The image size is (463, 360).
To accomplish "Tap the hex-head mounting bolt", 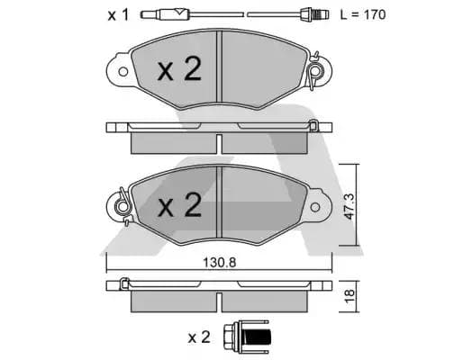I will (x=241, y=337).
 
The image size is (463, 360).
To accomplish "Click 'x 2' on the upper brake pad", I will (x=178, y=71).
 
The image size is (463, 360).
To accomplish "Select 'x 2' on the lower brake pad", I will (x=178, y=206).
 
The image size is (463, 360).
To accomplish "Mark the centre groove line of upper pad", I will (x=222, y=67).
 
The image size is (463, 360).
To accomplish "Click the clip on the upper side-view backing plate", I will (x=313, y=125).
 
